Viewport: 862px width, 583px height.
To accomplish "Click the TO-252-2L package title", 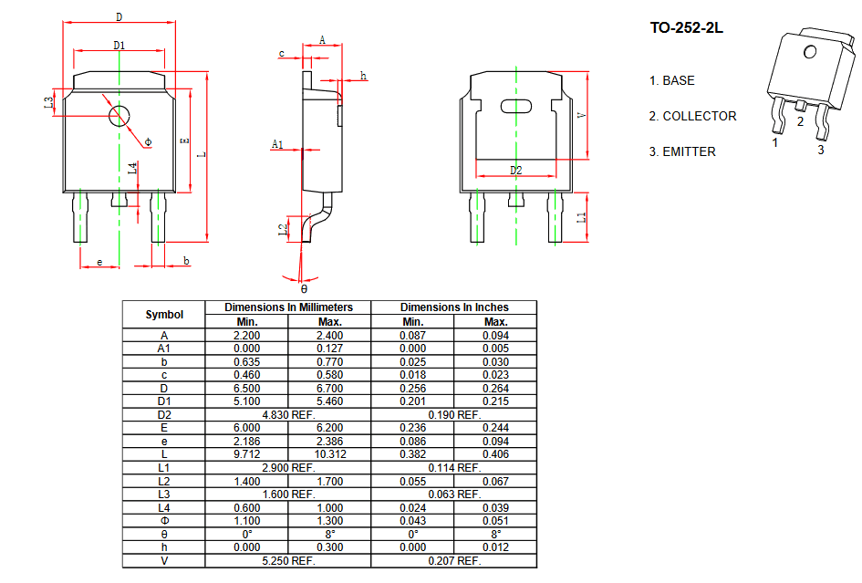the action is tap(686, 28).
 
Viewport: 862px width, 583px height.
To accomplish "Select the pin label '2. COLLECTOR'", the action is tap(692, 116).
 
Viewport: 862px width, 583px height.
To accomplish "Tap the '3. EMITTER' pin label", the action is tap(682, 151).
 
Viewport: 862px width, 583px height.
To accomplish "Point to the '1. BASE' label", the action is tap(671, 81).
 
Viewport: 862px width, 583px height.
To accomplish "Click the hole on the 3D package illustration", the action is tap(810, 52).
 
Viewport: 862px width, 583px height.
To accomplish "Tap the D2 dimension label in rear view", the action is tap(515, 170).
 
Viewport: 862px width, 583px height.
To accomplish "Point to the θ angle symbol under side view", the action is tap(304, 288).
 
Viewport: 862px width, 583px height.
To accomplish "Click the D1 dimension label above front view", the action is tap(119, 45).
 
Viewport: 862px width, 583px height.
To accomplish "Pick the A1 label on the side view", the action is tap(277, 144).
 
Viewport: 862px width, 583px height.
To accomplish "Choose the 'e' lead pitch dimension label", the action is tap(99, 262).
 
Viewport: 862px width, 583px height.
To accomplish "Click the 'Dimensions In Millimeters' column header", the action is tap(288, 307).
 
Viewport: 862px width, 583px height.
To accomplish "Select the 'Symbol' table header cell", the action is tap(164, 315).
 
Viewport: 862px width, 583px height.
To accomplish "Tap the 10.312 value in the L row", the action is tap(330, 454).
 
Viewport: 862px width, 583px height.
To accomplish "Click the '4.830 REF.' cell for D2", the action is tap(288, 415).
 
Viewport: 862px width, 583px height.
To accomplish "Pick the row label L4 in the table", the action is tap(164, 507).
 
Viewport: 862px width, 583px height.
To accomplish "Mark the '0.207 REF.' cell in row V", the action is tap(454, 561).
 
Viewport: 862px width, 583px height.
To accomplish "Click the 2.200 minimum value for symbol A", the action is tap(247, 336).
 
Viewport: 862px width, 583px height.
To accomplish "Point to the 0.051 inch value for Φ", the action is tap(496, 521).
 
